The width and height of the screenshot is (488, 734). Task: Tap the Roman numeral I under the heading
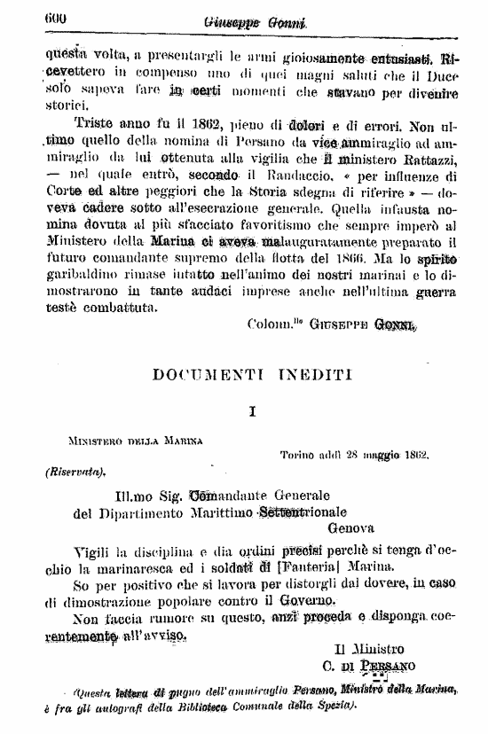pyautogui.click(x=252, y=411)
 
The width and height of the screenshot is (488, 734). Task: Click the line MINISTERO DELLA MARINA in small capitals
pyautogui.click(x=135, y=438)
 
